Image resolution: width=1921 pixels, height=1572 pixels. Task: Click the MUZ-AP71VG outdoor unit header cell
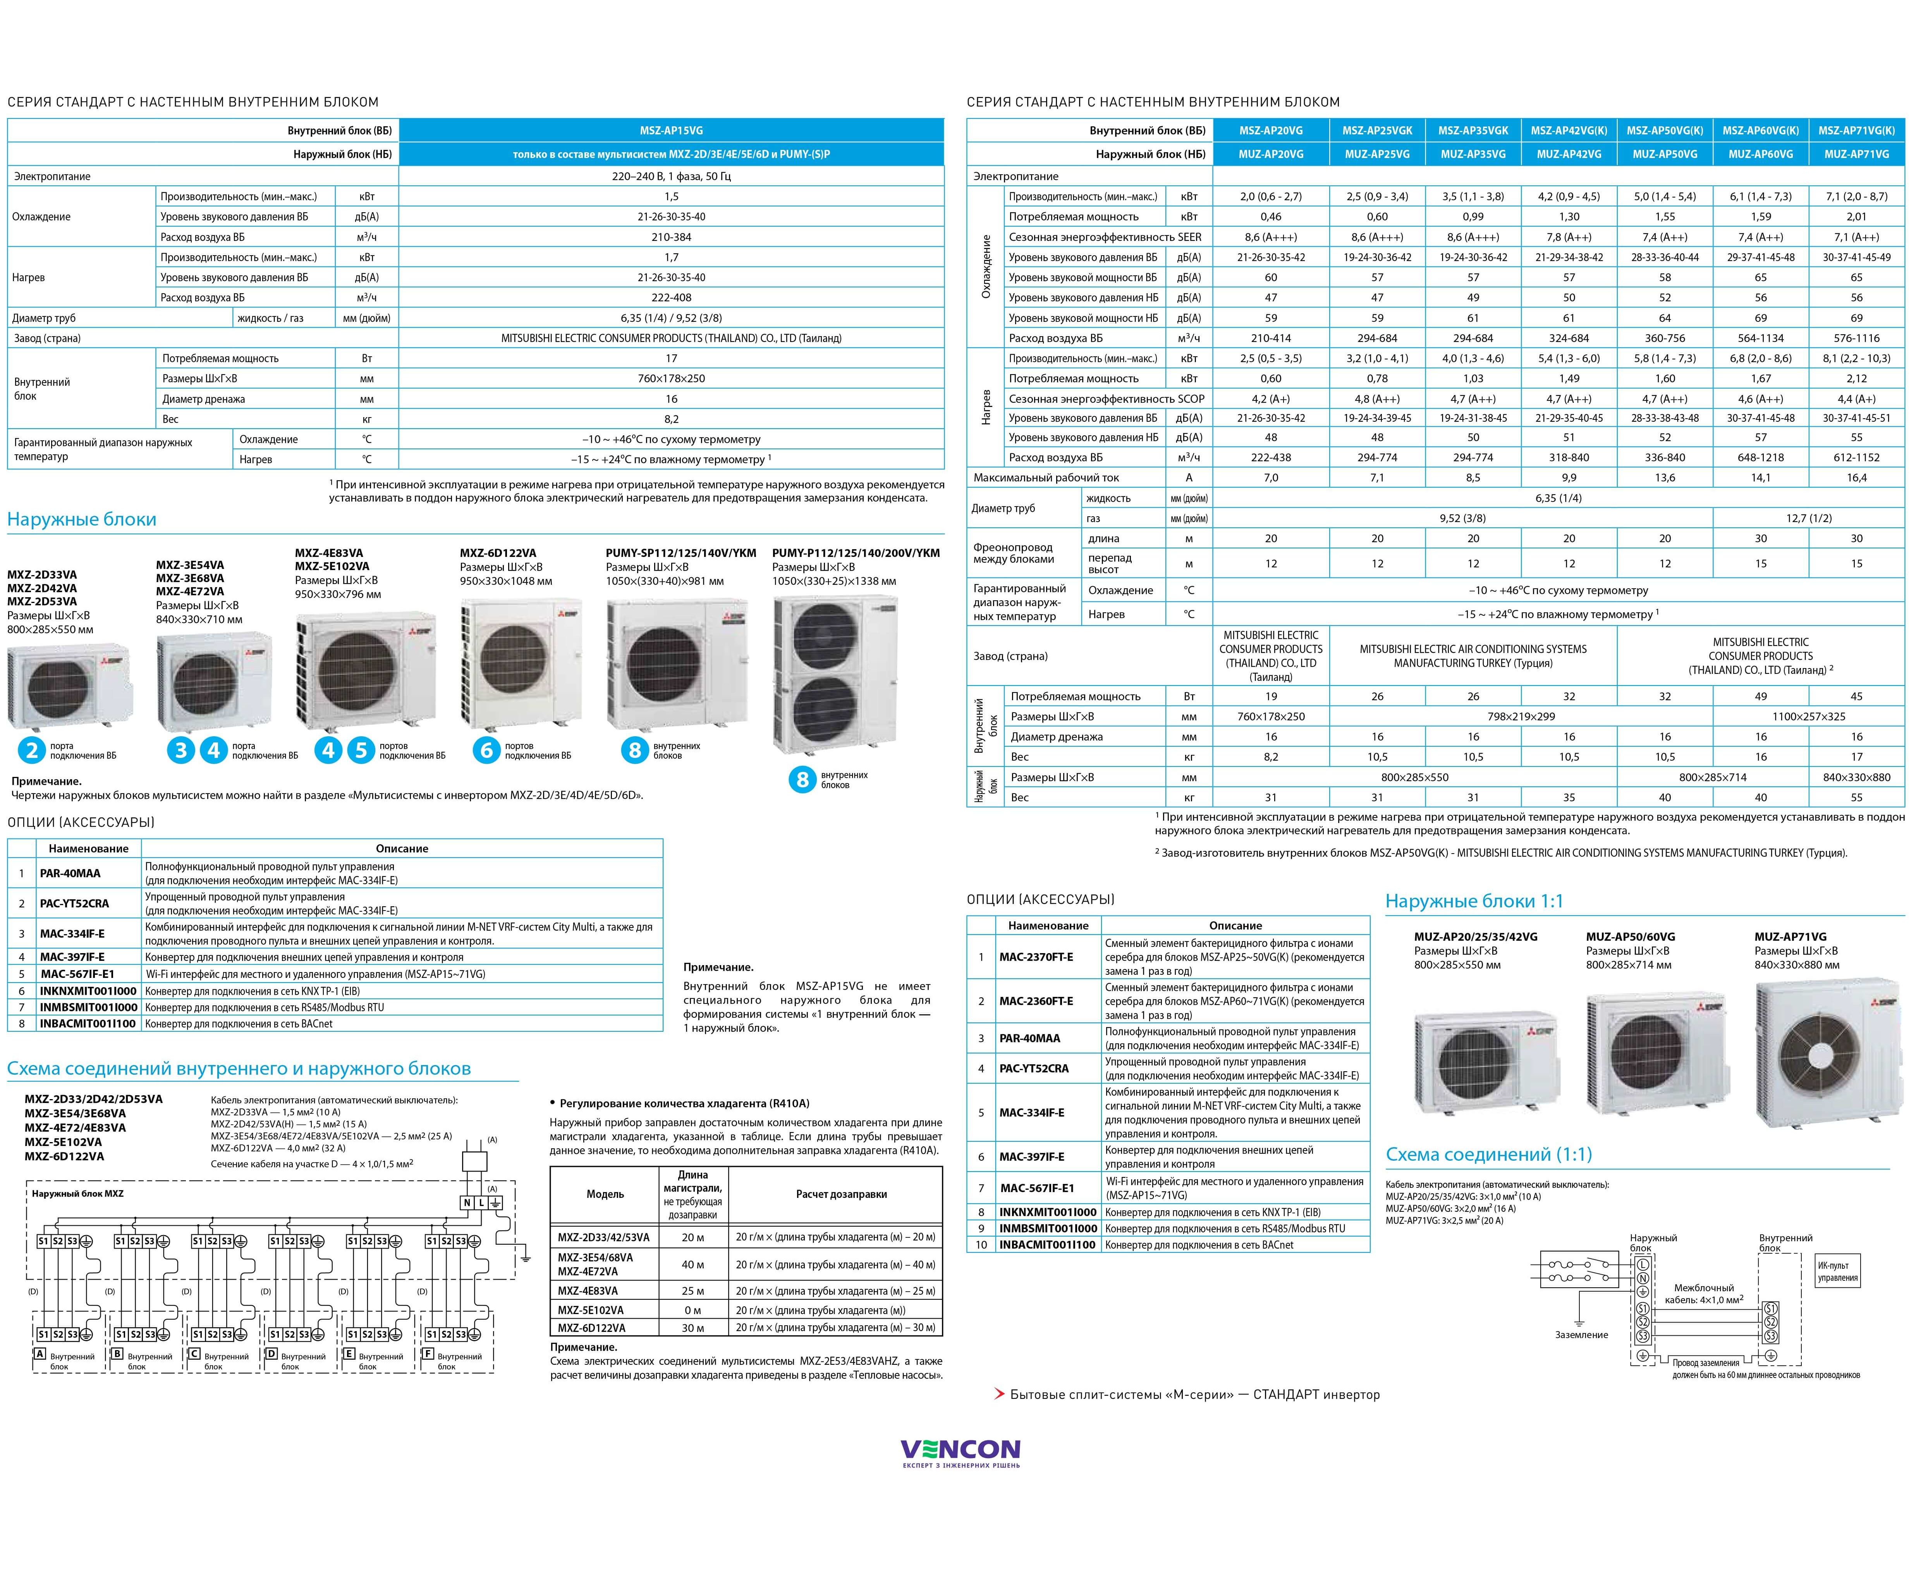(1856, 154)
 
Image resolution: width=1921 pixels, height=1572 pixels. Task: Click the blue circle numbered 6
(486, 750)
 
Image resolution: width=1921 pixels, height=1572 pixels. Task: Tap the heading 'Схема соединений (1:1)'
(1488, 1155)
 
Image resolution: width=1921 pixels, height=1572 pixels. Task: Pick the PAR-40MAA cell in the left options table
(70, 873)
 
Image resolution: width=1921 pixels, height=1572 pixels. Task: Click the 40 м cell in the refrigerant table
(693, 1264)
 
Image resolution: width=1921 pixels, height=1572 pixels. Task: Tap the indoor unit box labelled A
(40, 1354)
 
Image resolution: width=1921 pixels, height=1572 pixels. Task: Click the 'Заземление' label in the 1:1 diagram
(1581, 1335)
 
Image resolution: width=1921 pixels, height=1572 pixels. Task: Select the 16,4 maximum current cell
(1856, 477)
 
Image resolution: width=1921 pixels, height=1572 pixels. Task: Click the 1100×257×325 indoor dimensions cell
(1808, 716)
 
